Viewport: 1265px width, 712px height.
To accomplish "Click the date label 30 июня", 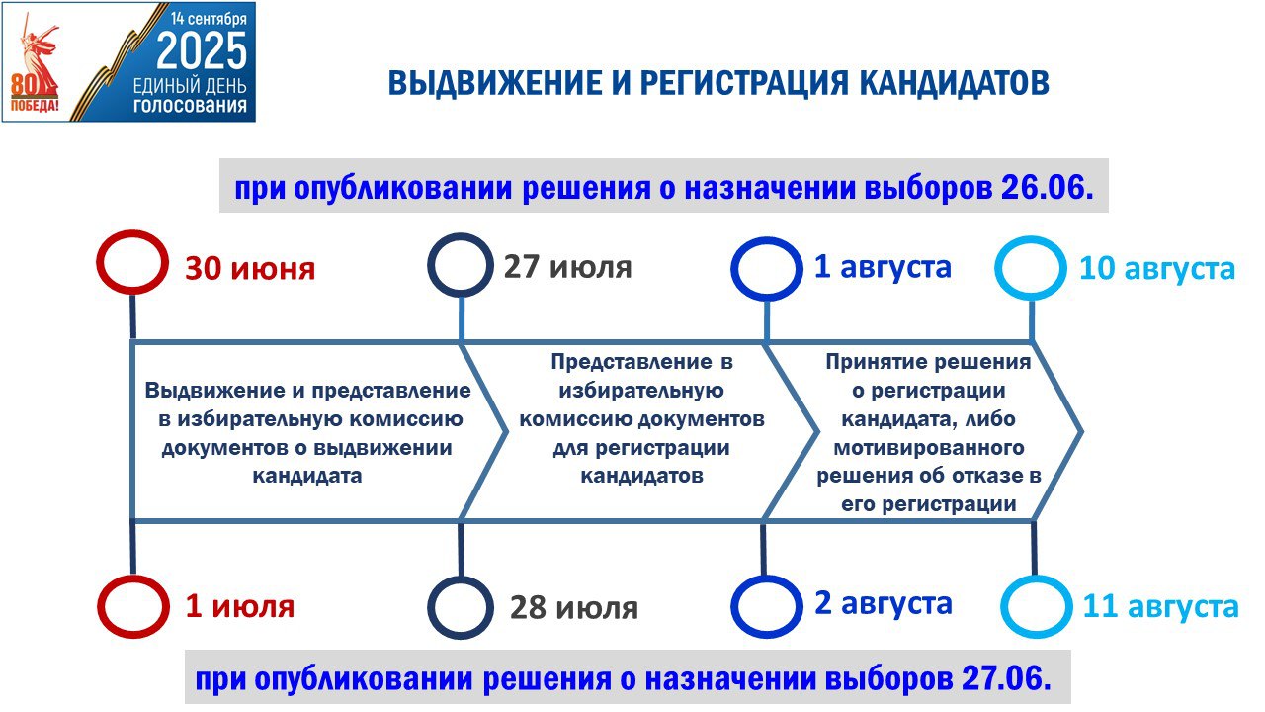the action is tap(250, 268).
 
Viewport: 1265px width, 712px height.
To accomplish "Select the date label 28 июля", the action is tap(574, 608).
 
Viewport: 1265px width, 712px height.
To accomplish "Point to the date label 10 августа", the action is tap(1157, 268).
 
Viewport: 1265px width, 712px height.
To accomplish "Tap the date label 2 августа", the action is tap(884, 603).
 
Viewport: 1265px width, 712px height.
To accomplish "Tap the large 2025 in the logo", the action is tap(202, 50).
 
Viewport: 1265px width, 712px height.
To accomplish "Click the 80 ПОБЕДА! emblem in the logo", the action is tap(34, 93).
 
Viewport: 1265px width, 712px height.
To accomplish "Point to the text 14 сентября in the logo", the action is tap(209, 18).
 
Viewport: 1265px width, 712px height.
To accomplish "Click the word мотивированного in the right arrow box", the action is tap(929, 448).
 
